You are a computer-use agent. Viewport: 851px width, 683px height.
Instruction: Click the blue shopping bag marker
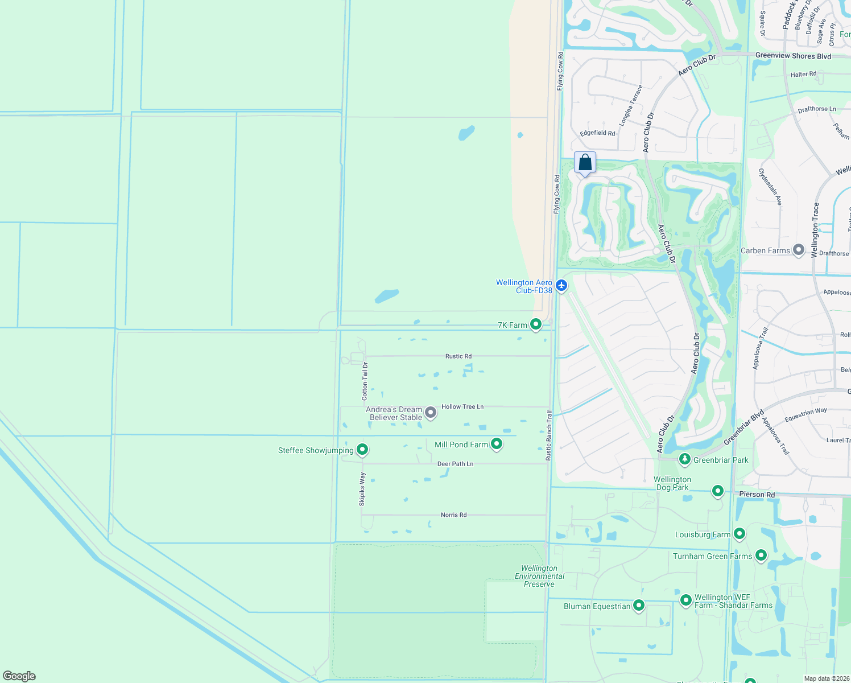(x=585, y=163)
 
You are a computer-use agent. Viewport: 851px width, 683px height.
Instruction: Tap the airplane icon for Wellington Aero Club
(x=561, y=285)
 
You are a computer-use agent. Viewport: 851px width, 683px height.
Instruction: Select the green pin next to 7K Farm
(x=536, y=324)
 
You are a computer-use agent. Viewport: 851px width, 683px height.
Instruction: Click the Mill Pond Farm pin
(x=497, y=444)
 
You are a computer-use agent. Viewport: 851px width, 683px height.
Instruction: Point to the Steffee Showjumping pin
(x=362, y=450)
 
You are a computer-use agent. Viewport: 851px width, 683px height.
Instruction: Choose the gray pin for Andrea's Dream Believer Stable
(x=431, y=413)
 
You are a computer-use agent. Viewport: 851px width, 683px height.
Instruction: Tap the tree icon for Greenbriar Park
(x=685, y=459)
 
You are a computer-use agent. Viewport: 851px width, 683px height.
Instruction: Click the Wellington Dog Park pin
(x=718, y=491)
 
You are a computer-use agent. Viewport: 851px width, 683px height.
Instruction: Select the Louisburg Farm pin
(x=740, y=534)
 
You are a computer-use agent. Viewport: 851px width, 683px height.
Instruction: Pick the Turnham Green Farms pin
(x=761, y=556)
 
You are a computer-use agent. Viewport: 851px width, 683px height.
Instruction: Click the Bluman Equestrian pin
(x=639, y=606)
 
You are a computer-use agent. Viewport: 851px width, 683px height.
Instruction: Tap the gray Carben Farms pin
(x=799, y=250)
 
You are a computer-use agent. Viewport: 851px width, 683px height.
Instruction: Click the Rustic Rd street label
(x=458, y=356)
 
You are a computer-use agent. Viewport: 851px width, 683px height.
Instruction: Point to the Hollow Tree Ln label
(x=462, y=406)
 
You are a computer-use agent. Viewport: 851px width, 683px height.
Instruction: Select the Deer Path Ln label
(x=455, y=464)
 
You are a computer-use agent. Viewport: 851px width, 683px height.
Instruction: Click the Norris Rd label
(x=453, y=515)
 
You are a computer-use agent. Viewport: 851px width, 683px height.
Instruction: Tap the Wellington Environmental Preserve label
(x=539, y=576)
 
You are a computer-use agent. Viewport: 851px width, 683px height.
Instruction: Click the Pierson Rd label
(x=757, y=494)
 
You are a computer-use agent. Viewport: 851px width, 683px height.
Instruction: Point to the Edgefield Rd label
(x=597, y=133)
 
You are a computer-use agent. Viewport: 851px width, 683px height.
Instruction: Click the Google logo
(x=19, y=676)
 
